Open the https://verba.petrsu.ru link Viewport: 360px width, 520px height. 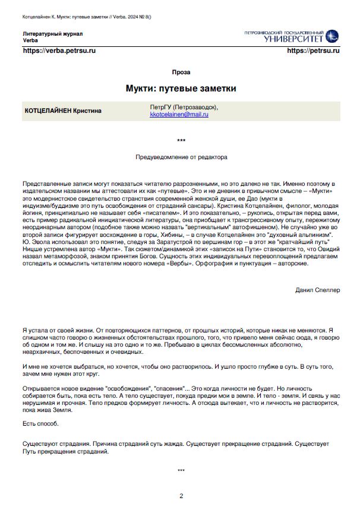point(59,51)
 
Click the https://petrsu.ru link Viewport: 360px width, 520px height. point(313,51)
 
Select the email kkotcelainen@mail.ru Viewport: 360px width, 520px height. point(179,114)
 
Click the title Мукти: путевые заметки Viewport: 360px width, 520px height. point(181,88)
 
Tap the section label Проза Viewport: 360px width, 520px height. point(181,72)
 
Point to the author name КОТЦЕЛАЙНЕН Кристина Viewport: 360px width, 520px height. point(63,110)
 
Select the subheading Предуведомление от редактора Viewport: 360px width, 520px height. point(181,157)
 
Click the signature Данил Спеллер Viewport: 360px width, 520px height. point(317,290)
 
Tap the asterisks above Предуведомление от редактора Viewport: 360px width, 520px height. point(181,141)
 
